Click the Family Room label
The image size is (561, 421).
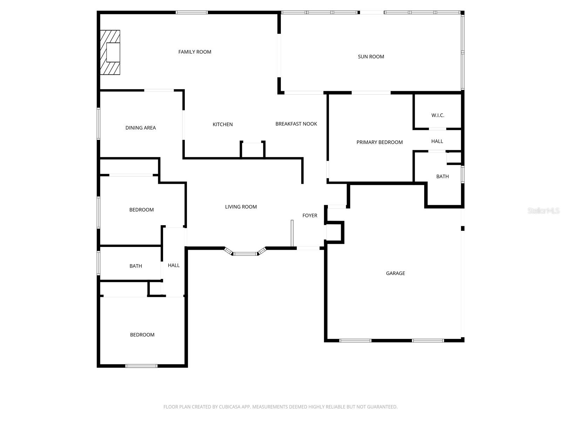click(x=195, y=52)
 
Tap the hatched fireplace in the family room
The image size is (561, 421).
click(x=110, y=52)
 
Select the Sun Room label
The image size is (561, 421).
click(x=371, y=57)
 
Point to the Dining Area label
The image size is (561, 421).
click(x=141, y=128)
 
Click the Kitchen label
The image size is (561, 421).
click(x=223, y=125)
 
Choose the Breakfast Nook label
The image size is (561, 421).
click(x=296, y=124)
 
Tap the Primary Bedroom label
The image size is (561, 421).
click(x=379, y=142)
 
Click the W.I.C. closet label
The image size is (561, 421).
click(x=438, y=115)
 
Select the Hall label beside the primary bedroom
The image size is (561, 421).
click(x=437, y=141)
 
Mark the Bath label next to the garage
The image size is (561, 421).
click(x=442, y=176)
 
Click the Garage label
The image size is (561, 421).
click(x=396, y=273)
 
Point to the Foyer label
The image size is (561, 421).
click(x=310, y=215)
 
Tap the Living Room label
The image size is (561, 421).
click(x=241, y=207)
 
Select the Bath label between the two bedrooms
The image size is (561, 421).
click(x=136, y=266)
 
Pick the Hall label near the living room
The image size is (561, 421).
click(x=174, y=265)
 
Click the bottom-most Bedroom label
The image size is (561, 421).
click(x=142, y=335)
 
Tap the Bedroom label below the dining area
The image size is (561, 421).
click(x=141, y=210)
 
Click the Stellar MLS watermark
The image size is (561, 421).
click(x=543, y=210)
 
